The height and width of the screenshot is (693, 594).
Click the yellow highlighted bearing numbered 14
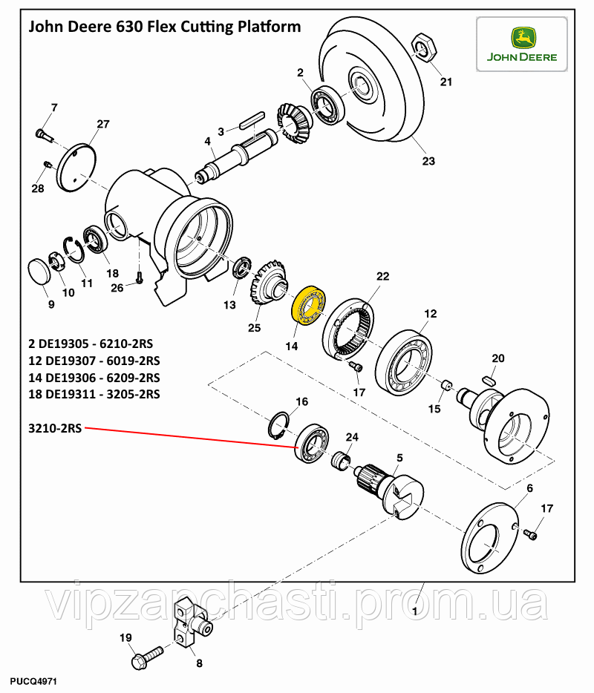click(x=307, y=305)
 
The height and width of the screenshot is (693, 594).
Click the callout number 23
click(x=428, y=161)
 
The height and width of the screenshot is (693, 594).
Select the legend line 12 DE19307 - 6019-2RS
click(x=94, y=361)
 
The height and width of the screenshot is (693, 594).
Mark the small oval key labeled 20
click(x=491, y=378)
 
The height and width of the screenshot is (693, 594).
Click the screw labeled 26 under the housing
click(x=139, y=278)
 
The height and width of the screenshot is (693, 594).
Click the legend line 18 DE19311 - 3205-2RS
click(x=94, y=394)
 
